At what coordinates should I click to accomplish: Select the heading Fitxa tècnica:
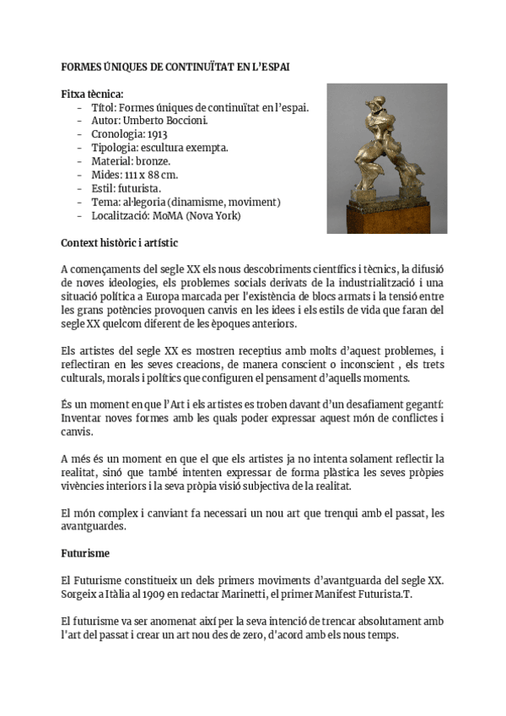(93, 93)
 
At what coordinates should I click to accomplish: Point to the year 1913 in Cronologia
(159, 134)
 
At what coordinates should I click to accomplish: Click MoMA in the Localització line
(164, 215)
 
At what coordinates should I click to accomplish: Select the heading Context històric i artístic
(119, 242)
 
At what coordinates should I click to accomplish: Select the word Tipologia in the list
(114, 148)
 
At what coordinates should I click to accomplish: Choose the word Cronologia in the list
(117, 134)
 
